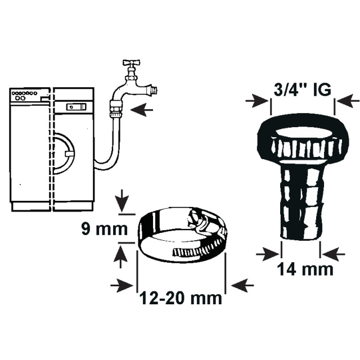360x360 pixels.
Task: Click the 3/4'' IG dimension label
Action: [x=302, y=89]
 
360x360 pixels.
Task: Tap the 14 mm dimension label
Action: [x=305, y=269]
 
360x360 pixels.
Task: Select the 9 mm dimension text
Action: [x=105, y=229]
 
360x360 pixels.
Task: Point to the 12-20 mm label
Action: [x=181, y=298]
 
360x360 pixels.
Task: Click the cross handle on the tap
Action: [x=132, y=62]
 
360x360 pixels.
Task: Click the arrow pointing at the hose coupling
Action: [x=142, y=110]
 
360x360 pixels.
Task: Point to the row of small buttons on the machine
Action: [x=24, y=93]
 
